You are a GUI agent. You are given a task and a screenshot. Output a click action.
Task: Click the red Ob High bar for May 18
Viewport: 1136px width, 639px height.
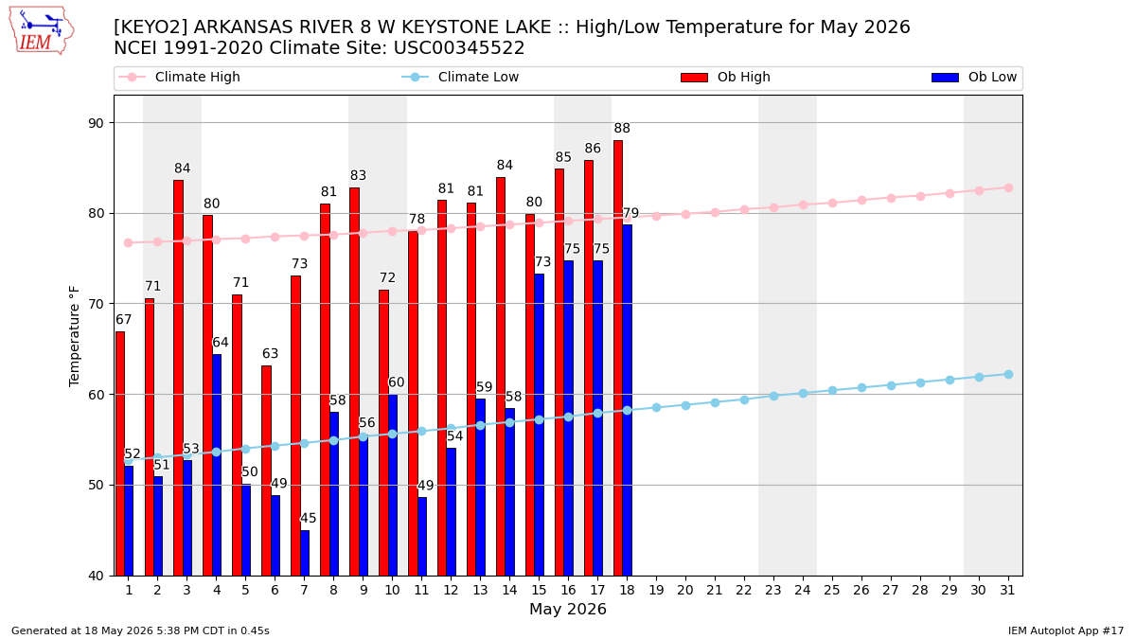(617, 358)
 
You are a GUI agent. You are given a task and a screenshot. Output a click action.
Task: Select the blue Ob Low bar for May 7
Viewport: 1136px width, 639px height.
(305, 553)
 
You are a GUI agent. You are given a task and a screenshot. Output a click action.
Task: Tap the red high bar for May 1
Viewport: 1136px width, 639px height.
(120, 453)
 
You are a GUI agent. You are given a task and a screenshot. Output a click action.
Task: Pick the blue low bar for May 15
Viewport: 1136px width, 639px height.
(539, 425)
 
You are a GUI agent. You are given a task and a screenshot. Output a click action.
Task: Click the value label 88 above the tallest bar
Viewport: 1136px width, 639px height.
(622, 129)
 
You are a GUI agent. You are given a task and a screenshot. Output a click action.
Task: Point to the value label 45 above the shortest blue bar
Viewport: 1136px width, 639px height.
(309, 519)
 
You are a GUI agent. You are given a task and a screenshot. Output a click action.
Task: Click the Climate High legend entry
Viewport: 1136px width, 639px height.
(180, 77)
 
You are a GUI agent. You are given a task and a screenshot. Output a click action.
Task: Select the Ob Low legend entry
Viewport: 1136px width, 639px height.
(974, 77)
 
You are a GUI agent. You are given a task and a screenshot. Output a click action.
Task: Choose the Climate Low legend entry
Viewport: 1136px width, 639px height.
(460, 77)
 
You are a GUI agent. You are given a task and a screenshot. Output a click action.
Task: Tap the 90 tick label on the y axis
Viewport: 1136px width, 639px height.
(96, 123)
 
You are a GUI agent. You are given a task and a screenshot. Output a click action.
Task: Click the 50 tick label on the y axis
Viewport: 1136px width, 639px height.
(96, 486)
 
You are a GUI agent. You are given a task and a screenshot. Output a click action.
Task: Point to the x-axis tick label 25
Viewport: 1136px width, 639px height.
(832, 590)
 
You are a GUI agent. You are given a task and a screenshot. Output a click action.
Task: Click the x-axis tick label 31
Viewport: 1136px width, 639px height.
(1007, 590)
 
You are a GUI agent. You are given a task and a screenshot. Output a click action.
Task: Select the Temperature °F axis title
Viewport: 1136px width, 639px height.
(74, 336)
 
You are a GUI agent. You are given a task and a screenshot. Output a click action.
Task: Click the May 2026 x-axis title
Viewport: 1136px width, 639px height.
(568, 609)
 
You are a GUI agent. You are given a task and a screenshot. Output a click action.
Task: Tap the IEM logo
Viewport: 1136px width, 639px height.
(42, 31)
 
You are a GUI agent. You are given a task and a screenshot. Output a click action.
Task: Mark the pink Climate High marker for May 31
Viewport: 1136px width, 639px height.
(1008, 188)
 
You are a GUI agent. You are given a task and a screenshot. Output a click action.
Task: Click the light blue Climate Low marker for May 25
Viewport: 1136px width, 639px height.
(832, 390)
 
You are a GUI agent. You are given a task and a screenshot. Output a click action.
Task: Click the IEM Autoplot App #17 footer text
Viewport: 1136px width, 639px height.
(1066, 630)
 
